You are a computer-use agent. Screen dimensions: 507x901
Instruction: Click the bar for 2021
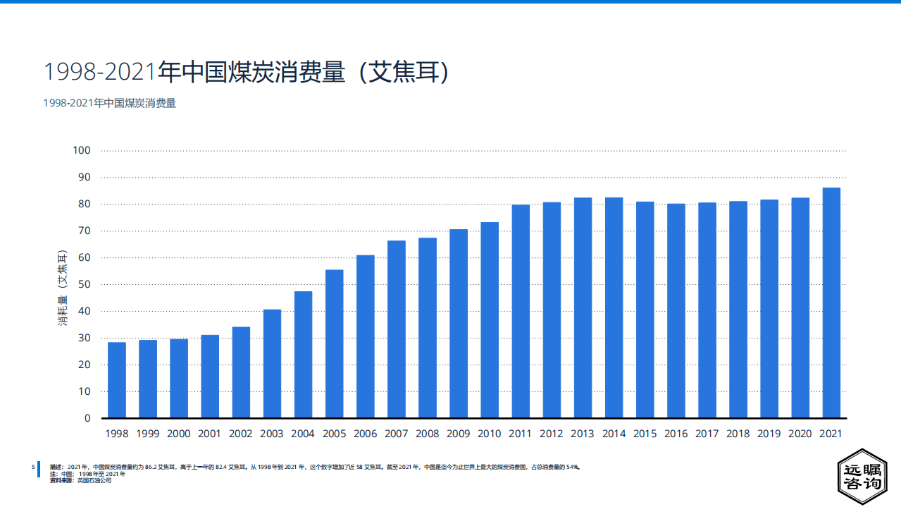point(831,303)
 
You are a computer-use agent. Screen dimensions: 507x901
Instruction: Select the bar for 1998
point(117,380)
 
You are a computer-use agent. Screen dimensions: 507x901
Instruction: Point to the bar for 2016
point(676,311)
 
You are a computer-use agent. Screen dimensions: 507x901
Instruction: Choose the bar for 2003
point(272,364)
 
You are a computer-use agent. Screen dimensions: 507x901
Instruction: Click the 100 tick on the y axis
point(82,150)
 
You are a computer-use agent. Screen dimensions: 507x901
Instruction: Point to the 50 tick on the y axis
point(84,284)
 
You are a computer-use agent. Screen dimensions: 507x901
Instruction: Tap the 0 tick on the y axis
point(87,418)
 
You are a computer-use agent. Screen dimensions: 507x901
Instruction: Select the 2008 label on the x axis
point(428,434)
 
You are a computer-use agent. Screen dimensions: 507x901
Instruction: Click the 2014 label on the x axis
point(614,434)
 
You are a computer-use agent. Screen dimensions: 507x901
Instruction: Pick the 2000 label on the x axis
point(179,434)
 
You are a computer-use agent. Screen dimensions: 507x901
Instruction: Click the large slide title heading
point(247,73)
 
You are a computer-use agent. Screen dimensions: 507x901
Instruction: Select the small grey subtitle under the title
point(109,103)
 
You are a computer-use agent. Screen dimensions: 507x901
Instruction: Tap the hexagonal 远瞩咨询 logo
point(862,477)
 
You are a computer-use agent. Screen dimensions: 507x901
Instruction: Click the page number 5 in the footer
point(33,467)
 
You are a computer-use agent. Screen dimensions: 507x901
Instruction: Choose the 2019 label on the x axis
point(769,434)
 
